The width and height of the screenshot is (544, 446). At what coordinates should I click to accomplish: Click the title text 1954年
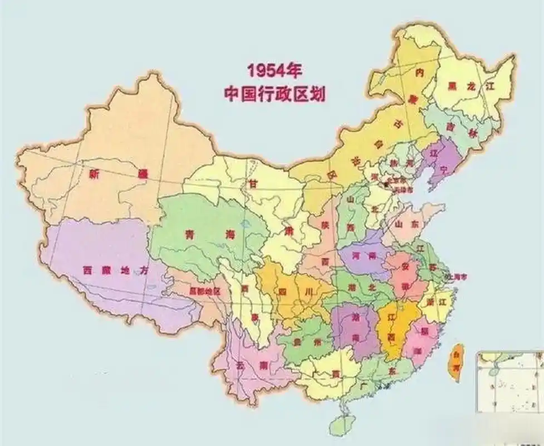(275, 71)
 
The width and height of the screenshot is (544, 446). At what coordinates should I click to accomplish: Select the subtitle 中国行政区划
(275, 93)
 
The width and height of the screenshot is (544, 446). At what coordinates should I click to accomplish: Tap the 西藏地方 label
(108, 270)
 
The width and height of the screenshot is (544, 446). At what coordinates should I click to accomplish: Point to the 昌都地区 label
(205, 292)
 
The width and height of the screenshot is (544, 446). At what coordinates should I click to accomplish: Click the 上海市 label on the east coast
(456, 277)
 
